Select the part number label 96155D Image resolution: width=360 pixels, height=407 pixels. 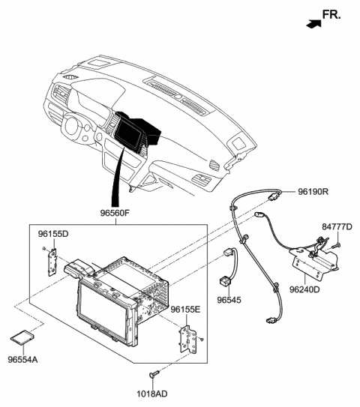point(54,235)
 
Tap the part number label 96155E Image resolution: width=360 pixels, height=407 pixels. point(185,309)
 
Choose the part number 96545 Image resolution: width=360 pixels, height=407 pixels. point(229,300)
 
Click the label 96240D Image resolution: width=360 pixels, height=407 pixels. point(305,288)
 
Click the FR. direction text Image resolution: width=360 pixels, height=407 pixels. point(332,14)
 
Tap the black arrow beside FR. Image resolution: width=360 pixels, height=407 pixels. point(310,23)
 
